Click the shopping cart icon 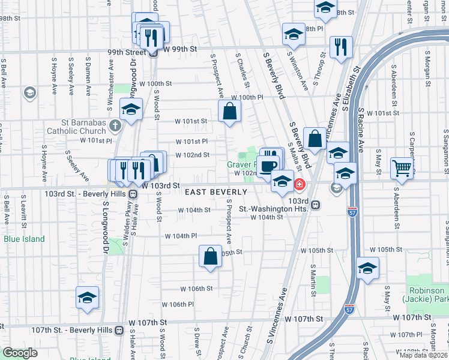click(401, 169)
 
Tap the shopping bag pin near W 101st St click(229, 111)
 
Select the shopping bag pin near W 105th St click(211, 256)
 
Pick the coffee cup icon click(270, 166)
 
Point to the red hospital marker click(298, 184)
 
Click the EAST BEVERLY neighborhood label click(215, 192)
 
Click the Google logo click(20, 352)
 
